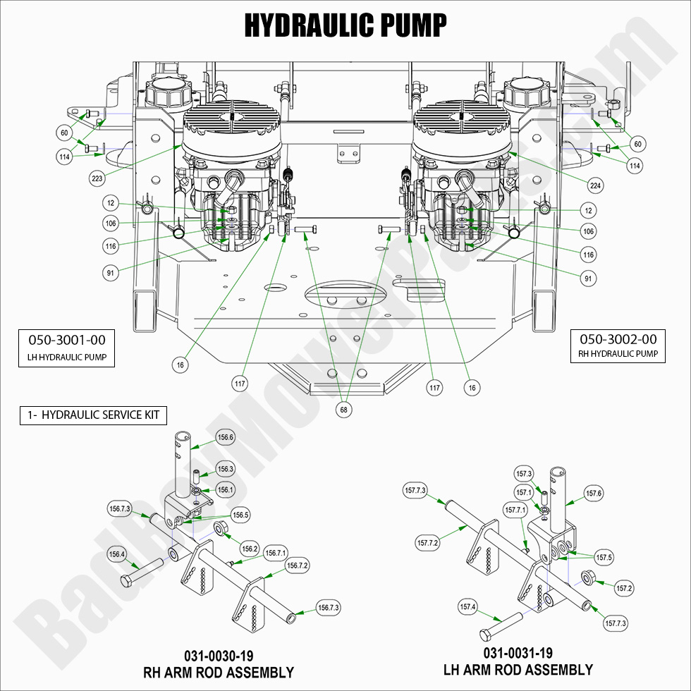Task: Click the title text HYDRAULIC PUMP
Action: tap(345, 25)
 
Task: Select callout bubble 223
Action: tap(97, 178)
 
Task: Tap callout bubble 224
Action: tap(595, 186)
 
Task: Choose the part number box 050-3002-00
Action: tap(618, 345)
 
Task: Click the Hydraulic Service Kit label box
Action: tap(93, 415)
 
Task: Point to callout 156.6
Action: tap(226, 437)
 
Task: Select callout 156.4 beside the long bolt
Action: tap(116, 554)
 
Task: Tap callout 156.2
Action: tap(250, 549)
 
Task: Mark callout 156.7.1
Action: tap(276, 554)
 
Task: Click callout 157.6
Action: tap(594, 494)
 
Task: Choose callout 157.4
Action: tap(467, 606)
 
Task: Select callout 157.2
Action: tap(624, 587)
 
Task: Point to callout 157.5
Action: tap(604, 557)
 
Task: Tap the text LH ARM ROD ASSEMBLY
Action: tap(518, 669)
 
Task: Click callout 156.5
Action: tap(240, 515)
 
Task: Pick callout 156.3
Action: tap(226, 469)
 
